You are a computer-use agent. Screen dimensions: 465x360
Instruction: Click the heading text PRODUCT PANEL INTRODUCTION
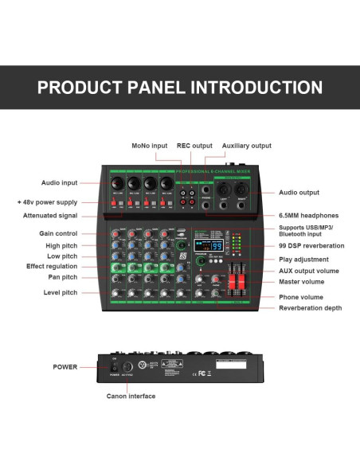click(180, 87)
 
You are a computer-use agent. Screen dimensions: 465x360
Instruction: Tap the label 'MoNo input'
click(151, 146)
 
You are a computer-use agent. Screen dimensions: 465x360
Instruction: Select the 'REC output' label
click(194, 146)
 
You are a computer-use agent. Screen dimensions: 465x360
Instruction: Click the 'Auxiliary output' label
click(246, 146)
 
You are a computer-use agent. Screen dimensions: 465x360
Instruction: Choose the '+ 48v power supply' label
click(48, 201)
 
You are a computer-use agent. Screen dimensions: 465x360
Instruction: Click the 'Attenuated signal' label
click(50, 216)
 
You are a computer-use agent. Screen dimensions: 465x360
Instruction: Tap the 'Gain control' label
click(58, 233)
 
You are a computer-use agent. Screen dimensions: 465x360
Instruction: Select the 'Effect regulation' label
click(52, 266)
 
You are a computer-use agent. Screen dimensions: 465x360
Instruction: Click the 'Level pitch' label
click(60, 292)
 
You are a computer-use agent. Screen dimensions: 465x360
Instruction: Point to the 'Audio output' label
click(299, 192)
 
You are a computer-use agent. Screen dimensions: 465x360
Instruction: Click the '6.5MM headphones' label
click(309, 215)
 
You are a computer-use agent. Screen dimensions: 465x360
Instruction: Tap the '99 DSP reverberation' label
click(312, 246)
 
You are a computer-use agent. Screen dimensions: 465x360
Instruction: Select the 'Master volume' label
click(303, 282)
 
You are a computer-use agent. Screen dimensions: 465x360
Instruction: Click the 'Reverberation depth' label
click(311, 307)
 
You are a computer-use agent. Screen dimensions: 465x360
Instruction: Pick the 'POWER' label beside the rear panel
click(65, 367)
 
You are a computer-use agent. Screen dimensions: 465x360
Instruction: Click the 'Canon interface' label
click(131, 396)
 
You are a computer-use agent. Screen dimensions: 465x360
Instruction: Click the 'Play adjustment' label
click(303, 259)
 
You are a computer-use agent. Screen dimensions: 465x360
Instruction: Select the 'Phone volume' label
click(302, 297)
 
